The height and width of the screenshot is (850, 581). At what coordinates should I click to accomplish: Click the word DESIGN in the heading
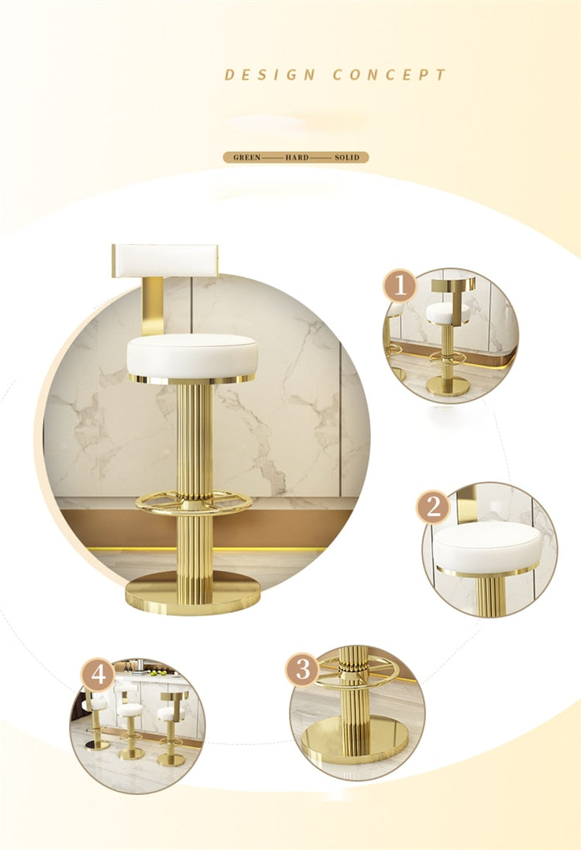tap(270, 75)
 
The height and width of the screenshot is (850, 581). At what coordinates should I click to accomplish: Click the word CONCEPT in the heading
tap(389, 75)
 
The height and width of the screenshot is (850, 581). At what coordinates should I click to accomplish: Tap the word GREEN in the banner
tap(246, 158)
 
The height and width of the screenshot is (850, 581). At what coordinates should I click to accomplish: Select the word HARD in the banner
tap(297, 158)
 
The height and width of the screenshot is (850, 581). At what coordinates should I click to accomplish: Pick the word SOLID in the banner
tap(347, 158)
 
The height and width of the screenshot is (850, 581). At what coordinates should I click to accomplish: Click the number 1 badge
tap(400, 286)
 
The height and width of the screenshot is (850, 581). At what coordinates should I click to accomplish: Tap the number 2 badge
tap(433, 508)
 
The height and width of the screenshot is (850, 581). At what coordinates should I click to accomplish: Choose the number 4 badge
tap(98, 676)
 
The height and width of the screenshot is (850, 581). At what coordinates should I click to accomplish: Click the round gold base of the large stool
tap(192, 597)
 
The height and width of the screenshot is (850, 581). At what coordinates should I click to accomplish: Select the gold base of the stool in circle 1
tap(446, 387)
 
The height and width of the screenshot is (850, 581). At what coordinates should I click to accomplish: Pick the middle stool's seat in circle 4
tap(130, 710)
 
